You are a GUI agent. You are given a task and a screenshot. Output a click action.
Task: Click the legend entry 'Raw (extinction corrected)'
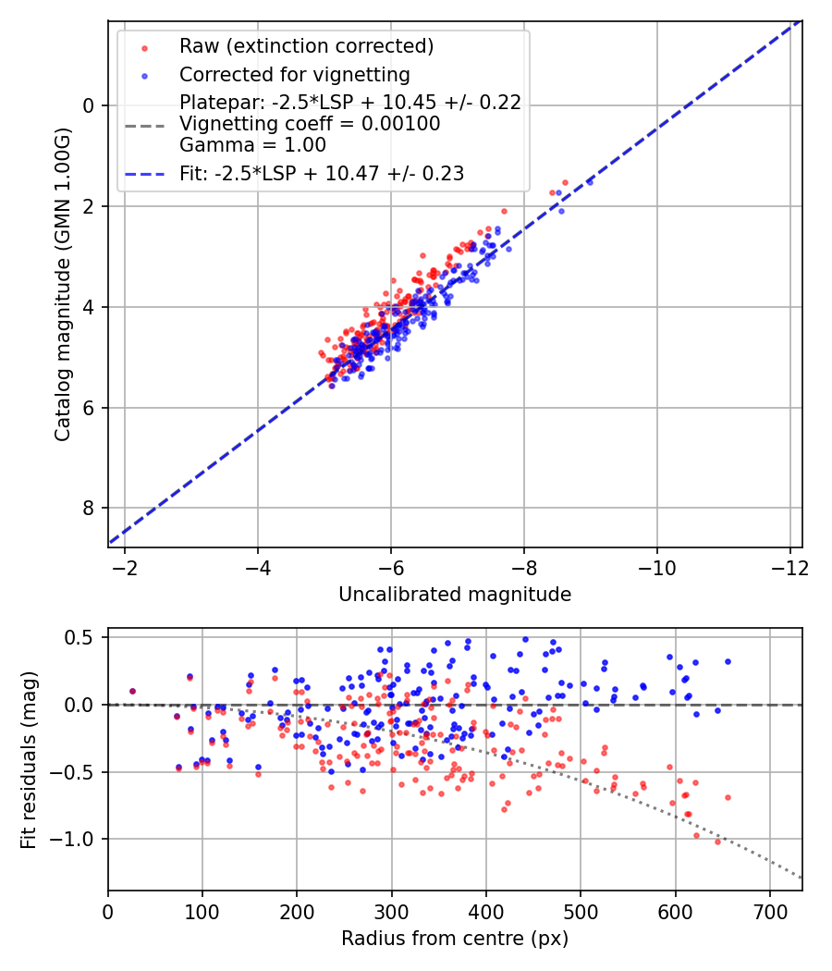pos(306,46)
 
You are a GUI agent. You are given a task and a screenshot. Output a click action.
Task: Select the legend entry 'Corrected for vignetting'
pos(294,74)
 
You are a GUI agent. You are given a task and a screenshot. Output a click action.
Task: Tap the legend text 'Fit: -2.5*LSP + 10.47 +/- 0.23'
pos(322,173)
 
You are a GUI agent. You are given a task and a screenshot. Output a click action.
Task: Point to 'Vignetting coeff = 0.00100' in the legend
pos(310,124)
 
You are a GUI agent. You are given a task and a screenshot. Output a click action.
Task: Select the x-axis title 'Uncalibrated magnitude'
pos(455,595)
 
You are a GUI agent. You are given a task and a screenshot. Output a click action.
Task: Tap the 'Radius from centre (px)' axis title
pos(455,939)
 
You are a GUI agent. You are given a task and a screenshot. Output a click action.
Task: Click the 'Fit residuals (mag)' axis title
pos(29,759)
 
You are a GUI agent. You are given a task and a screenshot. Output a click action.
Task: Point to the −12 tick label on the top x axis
pos(789,566)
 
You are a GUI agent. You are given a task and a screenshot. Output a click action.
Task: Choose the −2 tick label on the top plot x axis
pos(125,566)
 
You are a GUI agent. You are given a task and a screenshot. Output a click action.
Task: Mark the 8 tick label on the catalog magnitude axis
pos(89,509)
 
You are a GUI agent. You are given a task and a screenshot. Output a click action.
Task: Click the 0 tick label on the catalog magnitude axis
pos(89,105)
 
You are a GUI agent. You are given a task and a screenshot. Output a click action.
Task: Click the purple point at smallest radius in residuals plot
pos(132,691)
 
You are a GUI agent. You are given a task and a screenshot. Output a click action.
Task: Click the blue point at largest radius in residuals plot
pos(728,661)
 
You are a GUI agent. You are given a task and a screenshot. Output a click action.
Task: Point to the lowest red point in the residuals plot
pos(717,842)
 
